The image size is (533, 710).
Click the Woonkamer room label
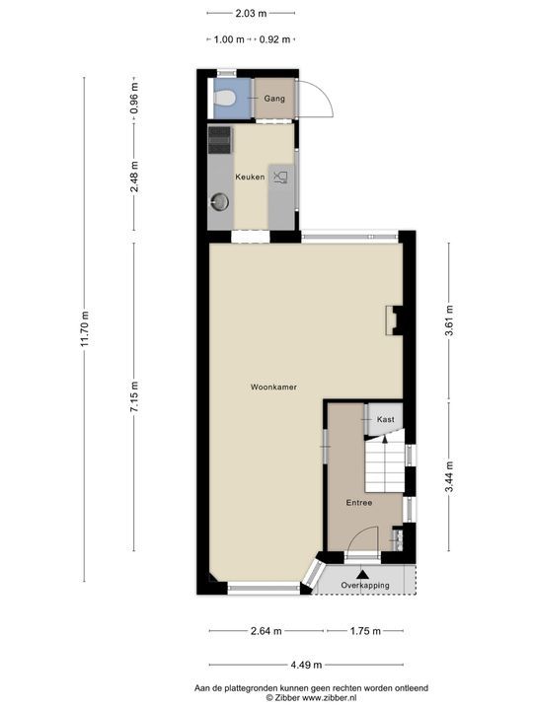[x=272, y=387]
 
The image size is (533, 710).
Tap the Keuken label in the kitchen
[x=248, y=177]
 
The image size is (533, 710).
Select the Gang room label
[x=274, y=99]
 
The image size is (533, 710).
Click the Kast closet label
[x=385, y=419]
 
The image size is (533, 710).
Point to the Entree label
[x=358, y=503]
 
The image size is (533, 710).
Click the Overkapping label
[x=365, y=585]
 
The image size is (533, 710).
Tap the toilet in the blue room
[x=225, y=98]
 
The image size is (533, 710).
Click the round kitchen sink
[x=219, y=203]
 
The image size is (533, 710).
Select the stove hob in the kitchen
[x=219, y=139]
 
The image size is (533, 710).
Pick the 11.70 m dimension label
[x=86, y=328]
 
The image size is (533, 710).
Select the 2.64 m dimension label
[x=266, y=631]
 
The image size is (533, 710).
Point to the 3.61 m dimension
[x=449, y=321]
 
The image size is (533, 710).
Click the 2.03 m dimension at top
[x=251, y=13]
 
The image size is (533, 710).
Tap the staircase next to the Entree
[x=385, y=466]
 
